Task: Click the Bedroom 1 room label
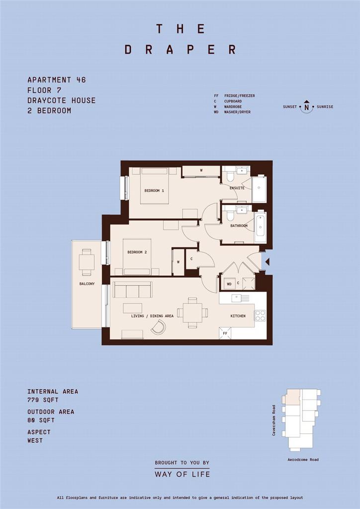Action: (154, 190)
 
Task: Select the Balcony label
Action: (87, 284)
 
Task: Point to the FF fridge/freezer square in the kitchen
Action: (225, 333)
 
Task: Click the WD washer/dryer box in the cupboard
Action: (229, 284)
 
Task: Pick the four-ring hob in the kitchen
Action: (260, 316)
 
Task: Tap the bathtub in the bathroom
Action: (261, 227)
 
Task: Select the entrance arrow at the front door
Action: (268, 261)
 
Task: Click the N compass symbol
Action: (306, 106)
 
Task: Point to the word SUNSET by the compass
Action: (290, 107)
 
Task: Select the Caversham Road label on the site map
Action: (274, 420)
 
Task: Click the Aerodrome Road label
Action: (303, 460)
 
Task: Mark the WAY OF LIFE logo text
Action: (182, 474)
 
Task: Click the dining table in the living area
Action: (192, 313)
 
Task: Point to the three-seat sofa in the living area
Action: (132, 290)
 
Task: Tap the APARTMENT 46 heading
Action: (57, 80)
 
